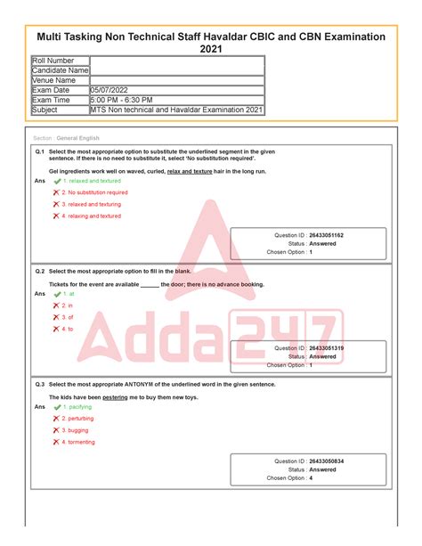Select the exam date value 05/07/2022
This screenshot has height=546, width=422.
(111, 90)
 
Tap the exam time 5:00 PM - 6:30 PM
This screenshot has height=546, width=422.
(121, 100)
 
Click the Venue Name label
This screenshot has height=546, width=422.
(54, 80)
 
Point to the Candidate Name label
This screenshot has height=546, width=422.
(60, 70)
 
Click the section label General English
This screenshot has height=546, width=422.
(77, 139)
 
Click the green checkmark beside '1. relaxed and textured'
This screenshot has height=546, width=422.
(57, 181)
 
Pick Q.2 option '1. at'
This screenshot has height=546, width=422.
(69, 293)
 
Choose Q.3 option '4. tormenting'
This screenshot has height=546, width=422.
(81, 442)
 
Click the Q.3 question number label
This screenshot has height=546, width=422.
(39, 384)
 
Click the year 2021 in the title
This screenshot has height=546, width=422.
(211, 49)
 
